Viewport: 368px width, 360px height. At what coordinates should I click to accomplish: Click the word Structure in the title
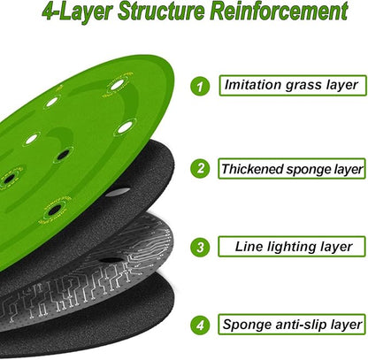pos(162,11)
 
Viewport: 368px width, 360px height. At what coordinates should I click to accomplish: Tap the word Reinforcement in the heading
pos(280,11)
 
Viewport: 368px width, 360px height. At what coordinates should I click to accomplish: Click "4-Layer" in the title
pos(77,12)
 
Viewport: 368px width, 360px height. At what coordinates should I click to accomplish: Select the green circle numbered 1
pos(200,87)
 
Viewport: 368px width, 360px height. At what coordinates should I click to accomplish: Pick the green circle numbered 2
pos(200,168)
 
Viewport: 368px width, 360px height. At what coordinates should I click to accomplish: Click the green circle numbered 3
pos(200,247)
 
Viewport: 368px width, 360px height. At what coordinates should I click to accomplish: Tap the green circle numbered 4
pos(200,325)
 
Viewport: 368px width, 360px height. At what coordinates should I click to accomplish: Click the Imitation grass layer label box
pos(293,86)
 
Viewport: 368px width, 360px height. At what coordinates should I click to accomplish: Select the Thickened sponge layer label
pos(292,169)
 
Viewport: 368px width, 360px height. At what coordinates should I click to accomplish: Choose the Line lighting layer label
pos(292,247)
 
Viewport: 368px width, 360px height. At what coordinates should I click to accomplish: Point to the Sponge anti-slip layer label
pos(292,325)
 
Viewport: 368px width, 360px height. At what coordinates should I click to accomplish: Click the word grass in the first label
pos(303,86)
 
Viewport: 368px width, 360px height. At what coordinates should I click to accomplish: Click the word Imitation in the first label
pos(253,85)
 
